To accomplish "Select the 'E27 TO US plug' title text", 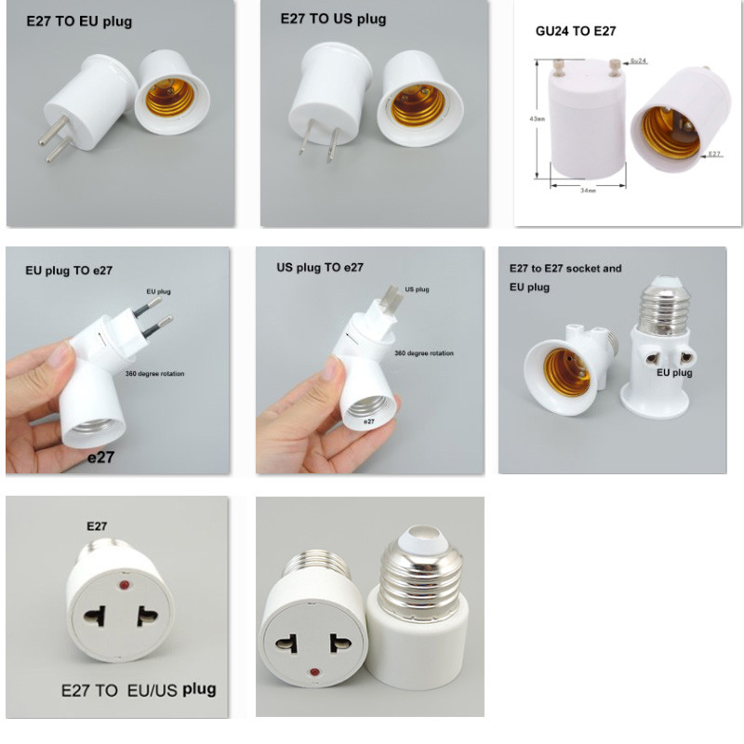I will click(333, 20).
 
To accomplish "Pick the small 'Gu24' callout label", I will click(639, 61).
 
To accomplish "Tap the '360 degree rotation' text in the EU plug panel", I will click(154, 373).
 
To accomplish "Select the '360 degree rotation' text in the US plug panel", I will click(424, 353).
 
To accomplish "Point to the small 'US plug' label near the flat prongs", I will click(416, 289).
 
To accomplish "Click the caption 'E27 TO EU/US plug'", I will click(138, 690).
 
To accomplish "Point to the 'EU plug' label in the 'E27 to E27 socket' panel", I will click(675, 373).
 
